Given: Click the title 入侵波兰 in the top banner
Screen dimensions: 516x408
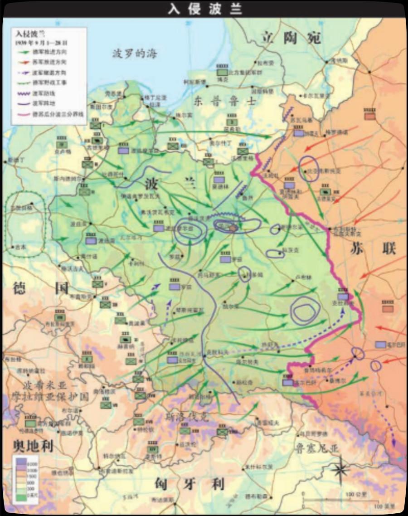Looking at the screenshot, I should click(x=204, y=9).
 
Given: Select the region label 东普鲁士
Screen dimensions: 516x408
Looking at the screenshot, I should click(x=225, y=102).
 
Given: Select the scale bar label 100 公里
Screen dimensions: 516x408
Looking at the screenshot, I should click(x=354, y=493).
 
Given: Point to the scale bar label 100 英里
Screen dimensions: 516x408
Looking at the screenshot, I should click(x=384, y=505).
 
